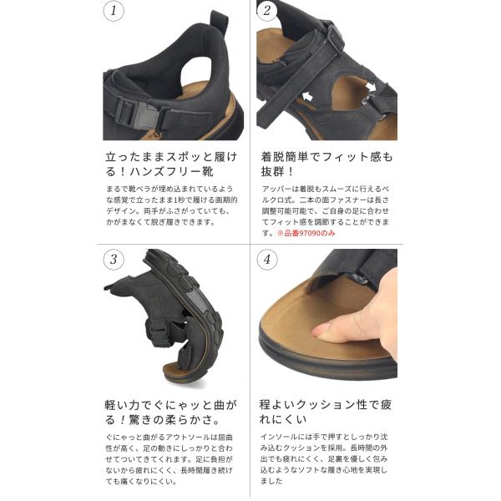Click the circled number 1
(114, 11)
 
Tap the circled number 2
(267, 11)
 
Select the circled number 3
(114, 259)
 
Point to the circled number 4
(267, 259)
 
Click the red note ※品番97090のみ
(306, 233)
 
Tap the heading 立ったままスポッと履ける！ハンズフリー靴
(171, 164)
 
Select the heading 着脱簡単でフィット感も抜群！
(326, 164)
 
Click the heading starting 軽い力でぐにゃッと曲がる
(171, 412)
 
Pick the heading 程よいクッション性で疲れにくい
(326, 412)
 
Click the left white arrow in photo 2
(307, 95)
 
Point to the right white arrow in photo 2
(371, 86)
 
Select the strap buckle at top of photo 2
(334, 37)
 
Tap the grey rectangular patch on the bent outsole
(196, 301)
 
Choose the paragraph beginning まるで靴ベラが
(171, 205)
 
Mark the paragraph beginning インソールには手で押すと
(324, 458)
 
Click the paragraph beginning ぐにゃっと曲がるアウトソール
(170, 459)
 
